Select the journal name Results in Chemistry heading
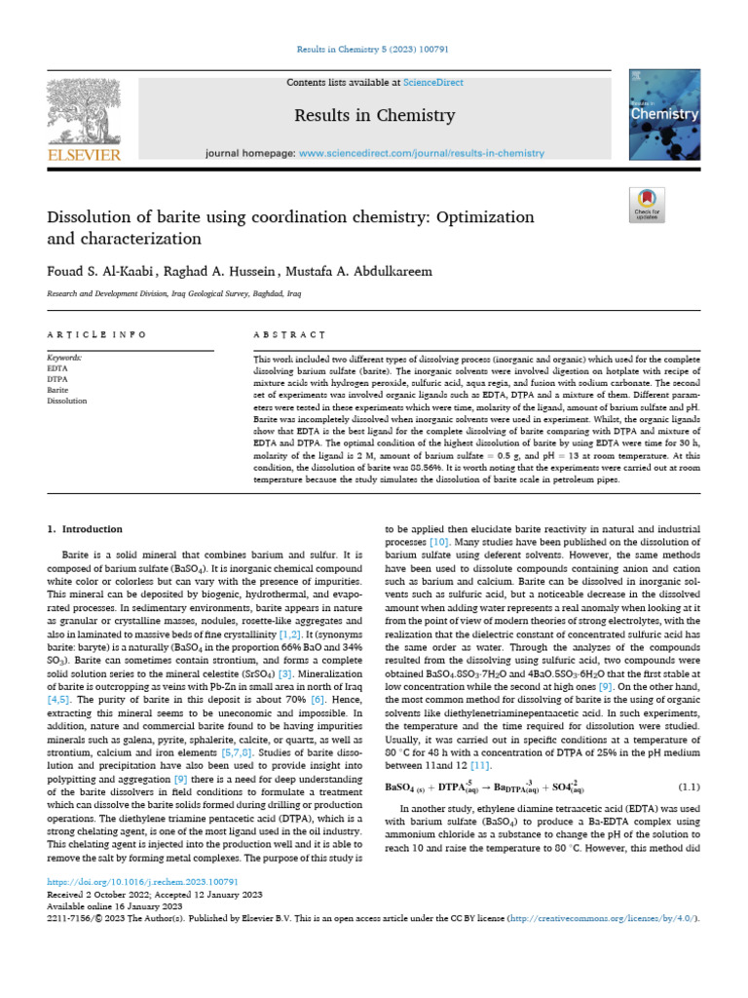pyautogui.click(x=375, y=116)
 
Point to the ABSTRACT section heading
pyautogui.click(x=289, y=334)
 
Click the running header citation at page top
pyautogui.click(x=374, y=49)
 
